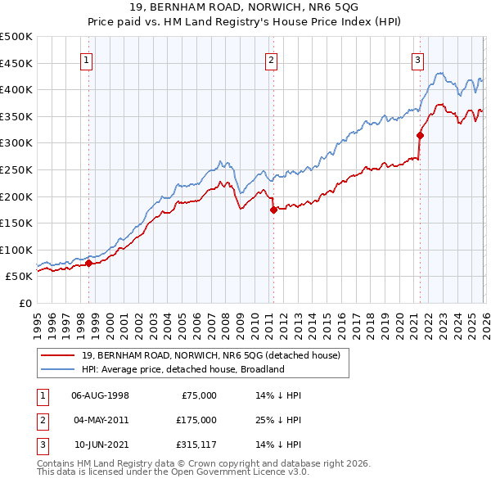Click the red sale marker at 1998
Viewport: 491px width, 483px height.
[x=89, y=263]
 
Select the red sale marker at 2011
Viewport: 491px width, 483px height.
[x=273, y=210]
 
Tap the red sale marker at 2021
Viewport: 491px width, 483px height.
[x=420, y=135]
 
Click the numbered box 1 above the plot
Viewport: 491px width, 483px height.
[x=86, y=59]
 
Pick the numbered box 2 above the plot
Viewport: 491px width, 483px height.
[x=271, y=59]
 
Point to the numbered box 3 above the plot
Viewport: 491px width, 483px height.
[x=417, y=59]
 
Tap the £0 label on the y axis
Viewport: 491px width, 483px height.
[x=25, y=303]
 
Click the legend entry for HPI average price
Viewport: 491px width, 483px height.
[x=182, y=369]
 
